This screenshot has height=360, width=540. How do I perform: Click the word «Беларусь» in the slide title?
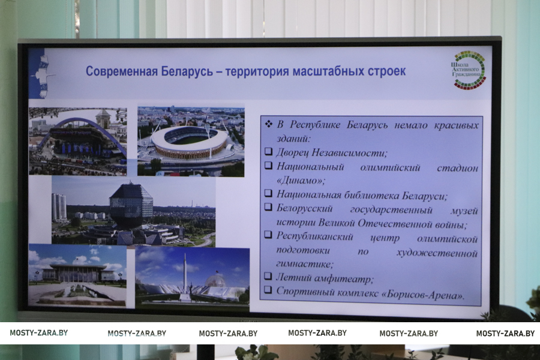click(x=187, y=71)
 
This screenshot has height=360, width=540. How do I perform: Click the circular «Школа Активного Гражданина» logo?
click(x=469, y=70)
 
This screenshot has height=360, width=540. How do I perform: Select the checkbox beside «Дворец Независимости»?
click(x=269, y=151)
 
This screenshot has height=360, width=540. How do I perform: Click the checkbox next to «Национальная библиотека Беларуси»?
click(x=269, y=193)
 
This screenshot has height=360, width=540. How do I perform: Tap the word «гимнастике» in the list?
click(x=304, y=264)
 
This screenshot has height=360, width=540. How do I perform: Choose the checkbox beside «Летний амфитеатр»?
click(x=268, y=275)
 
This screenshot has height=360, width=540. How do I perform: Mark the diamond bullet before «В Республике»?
click(x=269, y=124)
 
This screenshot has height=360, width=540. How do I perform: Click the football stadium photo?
click(x=191, y=141)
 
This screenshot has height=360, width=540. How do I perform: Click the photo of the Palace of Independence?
click(x=77, y=275)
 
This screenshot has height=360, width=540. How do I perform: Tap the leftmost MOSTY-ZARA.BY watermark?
click(x=38, y=333)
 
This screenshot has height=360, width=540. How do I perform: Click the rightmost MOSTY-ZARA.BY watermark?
click(x=505, y=334)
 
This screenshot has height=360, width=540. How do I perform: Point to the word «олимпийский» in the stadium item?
click(x=390, y=168)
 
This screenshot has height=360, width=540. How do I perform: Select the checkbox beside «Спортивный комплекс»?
click(x=268, y=289)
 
